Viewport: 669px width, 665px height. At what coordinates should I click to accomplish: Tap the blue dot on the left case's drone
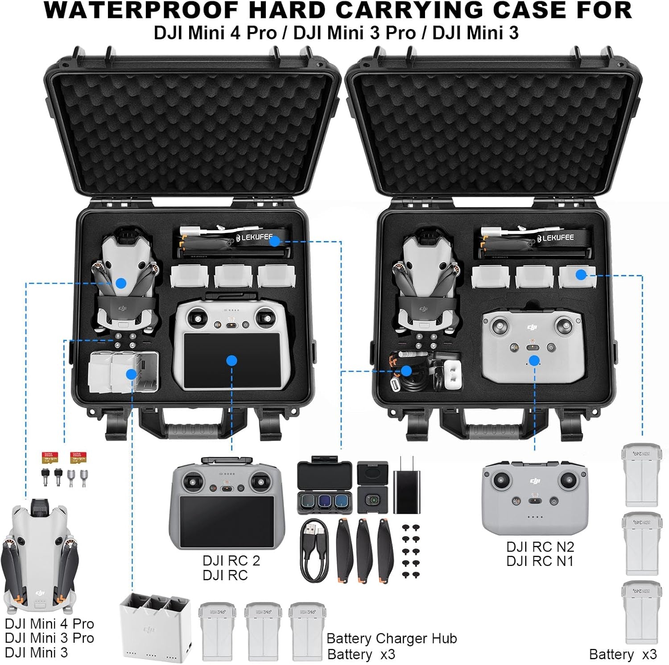coord(121,283)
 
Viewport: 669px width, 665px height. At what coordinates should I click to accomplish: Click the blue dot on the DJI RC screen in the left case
coord(231,361)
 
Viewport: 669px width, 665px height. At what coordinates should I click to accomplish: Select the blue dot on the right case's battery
coord(581,274)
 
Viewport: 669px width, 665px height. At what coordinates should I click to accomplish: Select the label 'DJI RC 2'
coord(231,561)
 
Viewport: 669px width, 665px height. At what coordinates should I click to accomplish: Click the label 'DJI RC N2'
coord(540,547)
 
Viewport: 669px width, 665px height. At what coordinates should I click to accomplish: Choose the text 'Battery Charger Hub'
coord(392,639)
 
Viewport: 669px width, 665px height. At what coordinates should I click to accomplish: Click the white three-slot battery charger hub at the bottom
coord(155,627)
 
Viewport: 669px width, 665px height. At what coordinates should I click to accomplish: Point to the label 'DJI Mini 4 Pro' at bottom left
coord(50,623)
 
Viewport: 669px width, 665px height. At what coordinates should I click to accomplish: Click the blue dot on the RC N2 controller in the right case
coord(534,361)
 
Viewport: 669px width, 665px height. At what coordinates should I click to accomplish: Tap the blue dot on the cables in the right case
coord(406,370)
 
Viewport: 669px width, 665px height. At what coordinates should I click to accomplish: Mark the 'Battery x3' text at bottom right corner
coord(623,654)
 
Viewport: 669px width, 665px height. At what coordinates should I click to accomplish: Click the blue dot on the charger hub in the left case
coord(131,374)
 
